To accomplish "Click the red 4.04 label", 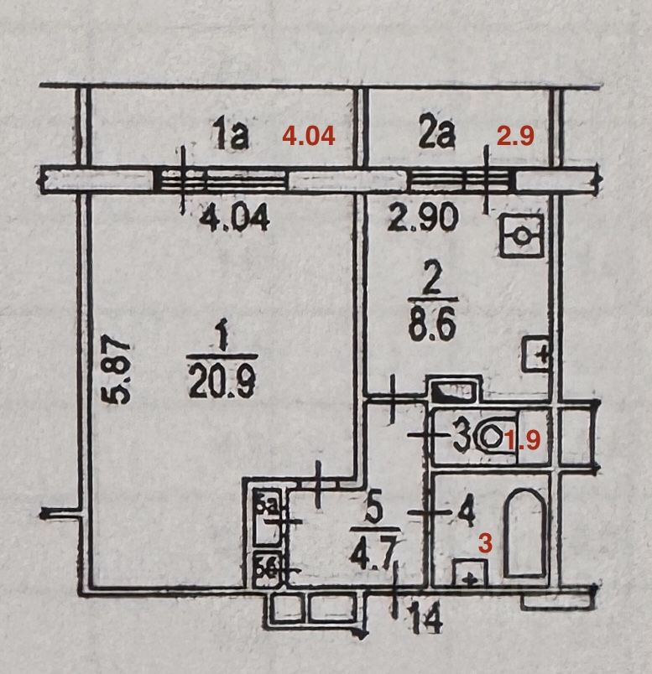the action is tap(310, 136).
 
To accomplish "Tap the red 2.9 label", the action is tap(516, 136).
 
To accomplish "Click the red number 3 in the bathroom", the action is tap(484, 542).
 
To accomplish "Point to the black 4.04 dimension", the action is tap(234, 219).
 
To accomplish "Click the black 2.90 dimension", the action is tap(423, 219).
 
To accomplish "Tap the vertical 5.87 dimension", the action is tap(120, 371).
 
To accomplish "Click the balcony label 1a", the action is tap(230, 135).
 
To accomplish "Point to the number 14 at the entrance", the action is tap(425, 622).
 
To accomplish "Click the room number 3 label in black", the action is tap(461, 438).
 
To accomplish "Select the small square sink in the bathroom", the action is tap(470, 574).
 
